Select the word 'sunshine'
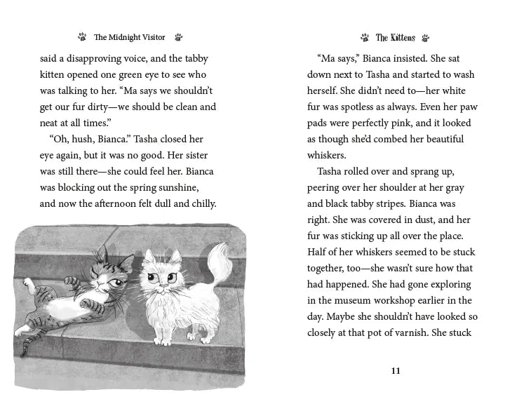point(174,188)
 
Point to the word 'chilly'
point(201,204)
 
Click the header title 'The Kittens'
point(395,38)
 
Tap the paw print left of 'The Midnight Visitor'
point(83,38)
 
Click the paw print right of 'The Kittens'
point(426,38)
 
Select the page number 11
point(396,371)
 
